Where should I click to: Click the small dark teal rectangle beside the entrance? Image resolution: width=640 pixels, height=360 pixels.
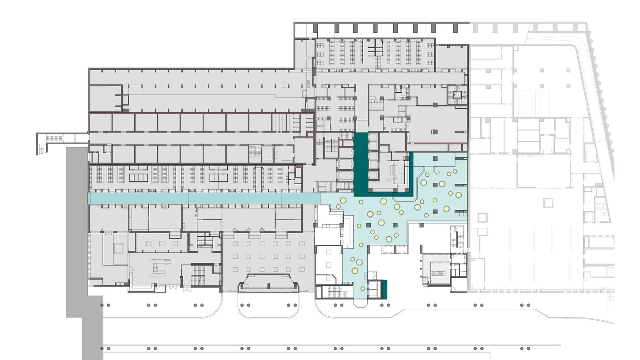[384, 289]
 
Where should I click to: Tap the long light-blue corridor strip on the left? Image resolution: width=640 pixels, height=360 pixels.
[203, 198]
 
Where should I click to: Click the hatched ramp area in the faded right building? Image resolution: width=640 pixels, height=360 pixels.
[531, 104]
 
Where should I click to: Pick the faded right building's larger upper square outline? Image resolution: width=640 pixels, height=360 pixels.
[548, 202]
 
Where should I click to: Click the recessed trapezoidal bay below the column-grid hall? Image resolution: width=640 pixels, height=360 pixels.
[268, 283]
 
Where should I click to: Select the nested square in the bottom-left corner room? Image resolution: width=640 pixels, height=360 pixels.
[118, 248]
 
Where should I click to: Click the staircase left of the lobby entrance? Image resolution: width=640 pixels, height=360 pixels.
[338, 291]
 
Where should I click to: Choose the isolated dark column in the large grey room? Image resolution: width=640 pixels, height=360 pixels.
[434, 132]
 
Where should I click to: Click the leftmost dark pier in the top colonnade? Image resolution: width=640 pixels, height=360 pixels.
[315, 29]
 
